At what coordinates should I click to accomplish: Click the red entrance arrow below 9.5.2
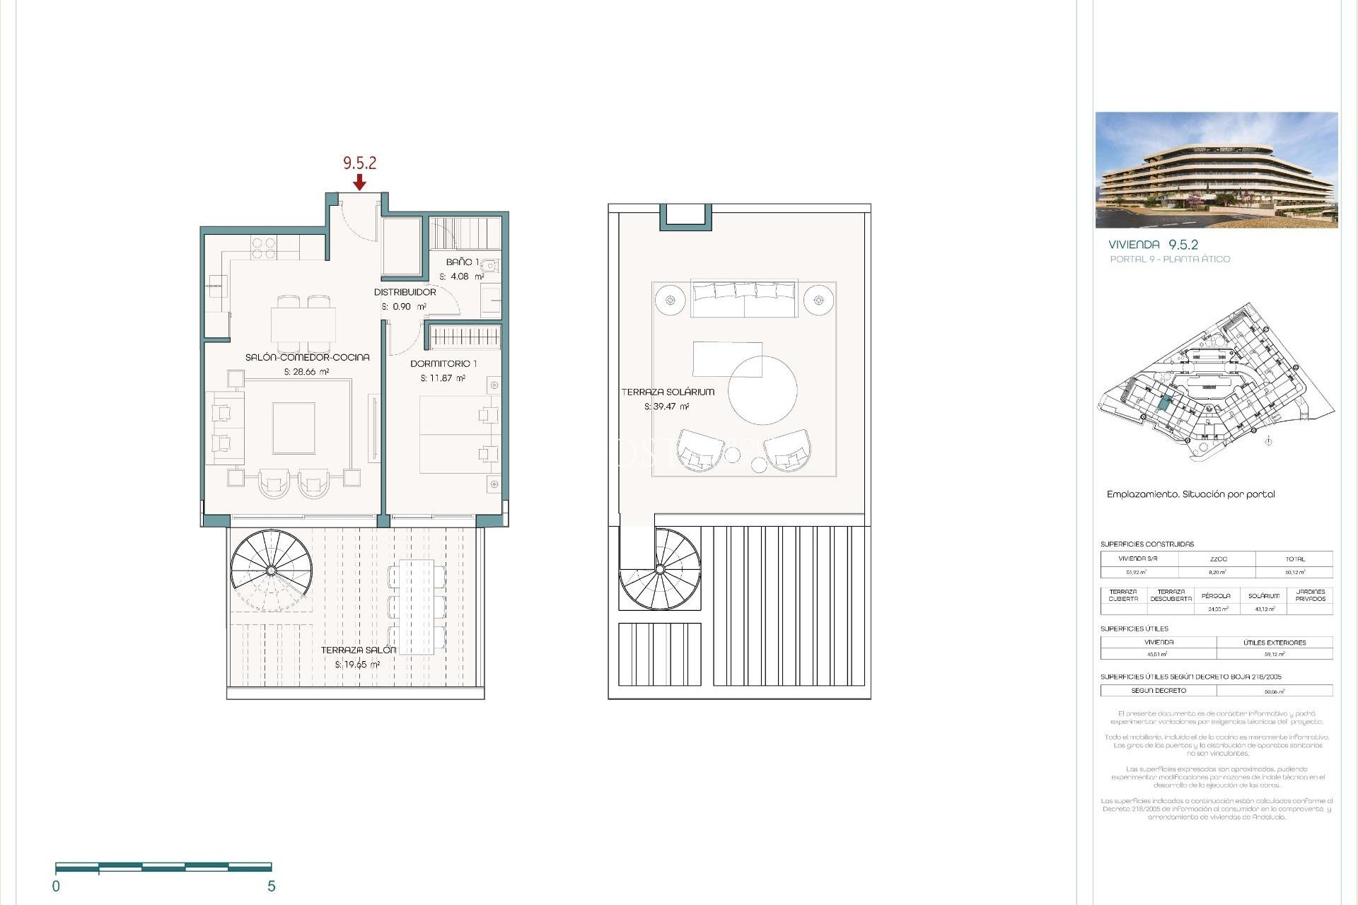(x=359, y=183)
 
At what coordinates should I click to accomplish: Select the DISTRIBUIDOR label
(x=405, y=292)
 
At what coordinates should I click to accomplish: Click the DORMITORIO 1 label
(x=443, y=363)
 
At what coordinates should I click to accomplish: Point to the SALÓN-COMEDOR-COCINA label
(x=307, y=357)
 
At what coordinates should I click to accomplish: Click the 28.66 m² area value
(x=307, y=372)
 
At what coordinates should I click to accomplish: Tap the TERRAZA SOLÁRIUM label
(x=668, y=392)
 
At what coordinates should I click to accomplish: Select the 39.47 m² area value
(x=666, y=407)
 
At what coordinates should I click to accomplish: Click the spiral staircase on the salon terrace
(x=272, y=570)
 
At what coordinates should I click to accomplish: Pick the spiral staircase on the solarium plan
(x=660, y=568)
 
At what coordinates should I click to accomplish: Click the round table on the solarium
(x=762, y=390)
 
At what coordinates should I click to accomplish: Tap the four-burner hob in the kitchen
(x=264, y=247)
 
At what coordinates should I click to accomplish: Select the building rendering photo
(x=1216, y=170)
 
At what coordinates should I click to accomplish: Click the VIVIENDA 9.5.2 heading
(x=1153, y=245)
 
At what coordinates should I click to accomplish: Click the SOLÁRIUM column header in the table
(x=1263, y=596)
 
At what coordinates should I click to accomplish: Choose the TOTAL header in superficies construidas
(x=1294, y=559)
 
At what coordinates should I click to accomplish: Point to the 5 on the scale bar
(x=271, y=886)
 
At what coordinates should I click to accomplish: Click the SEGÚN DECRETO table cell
(x=1158, y=690)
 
